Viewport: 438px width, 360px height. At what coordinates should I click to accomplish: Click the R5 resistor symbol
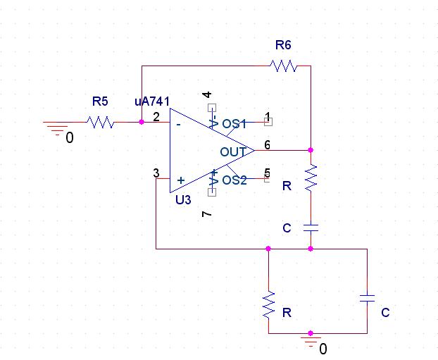pos(101,122)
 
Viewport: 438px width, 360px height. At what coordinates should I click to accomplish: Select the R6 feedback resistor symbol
pos(283,66)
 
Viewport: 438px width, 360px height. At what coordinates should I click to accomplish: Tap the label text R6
pos(282,46)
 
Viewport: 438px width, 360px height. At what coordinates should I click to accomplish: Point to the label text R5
pos(100,102)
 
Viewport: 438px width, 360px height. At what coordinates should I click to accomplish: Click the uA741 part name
pos(151,102)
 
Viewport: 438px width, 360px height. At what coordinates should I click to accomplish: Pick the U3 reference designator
pos(183,200)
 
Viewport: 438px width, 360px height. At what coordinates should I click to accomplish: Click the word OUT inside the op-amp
pos(232,151)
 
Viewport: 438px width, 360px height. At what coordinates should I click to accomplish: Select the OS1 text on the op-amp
pos(234,124)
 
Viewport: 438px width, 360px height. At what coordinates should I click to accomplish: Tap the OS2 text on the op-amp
pos(234,180)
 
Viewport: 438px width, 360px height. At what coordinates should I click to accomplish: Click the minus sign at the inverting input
pos(179,124)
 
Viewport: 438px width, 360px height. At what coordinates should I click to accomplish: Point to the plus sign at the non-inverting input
pos(181,180)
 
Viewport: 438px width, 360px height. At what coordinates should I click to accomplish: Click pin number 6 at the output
pos(267,144)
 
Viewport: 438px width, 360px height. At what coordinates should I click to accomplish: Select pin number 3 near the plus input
pos(156,173)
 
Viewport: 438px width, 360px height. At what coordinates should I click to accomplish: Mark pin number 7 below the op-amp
pos(206,213)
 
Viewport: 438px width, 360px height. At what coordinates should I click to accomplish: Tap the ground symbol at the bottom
pos(311,340)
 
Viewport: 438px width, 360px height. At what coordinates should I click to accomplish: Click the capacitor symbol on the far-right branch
pos(367,298)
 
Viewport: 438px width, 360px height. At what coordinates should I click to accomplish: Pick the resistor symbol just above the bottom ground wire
pos(268,305)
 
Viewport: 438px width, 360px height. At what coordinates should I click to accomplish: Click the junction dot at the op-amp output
pos(311,150)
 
